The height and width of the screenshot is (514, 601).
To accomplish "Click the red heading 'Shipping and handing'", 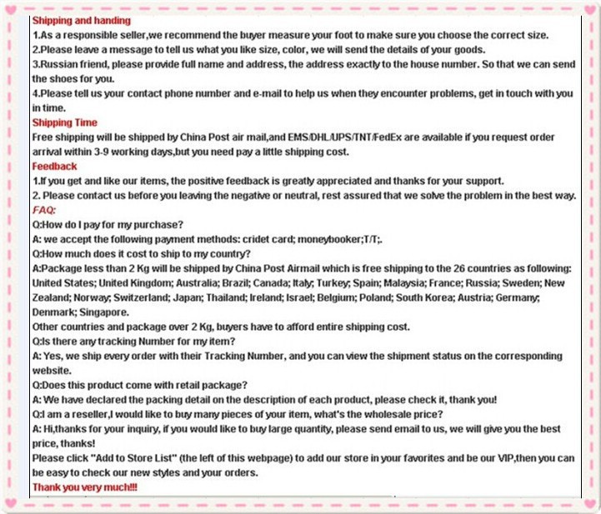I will coord(81,20).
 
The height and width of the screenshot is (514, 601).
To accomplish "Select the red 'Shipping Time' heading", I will coord(64,122).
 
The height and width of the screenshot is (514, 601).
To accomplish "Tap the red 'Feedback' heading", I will coord(54,167).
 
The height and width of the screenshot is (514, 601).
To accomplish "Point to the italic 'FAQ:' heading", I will coord(44,210).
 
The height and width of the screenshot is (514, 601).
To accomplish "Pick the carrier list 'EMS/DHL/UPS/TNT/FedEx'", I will coord(345,137).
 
